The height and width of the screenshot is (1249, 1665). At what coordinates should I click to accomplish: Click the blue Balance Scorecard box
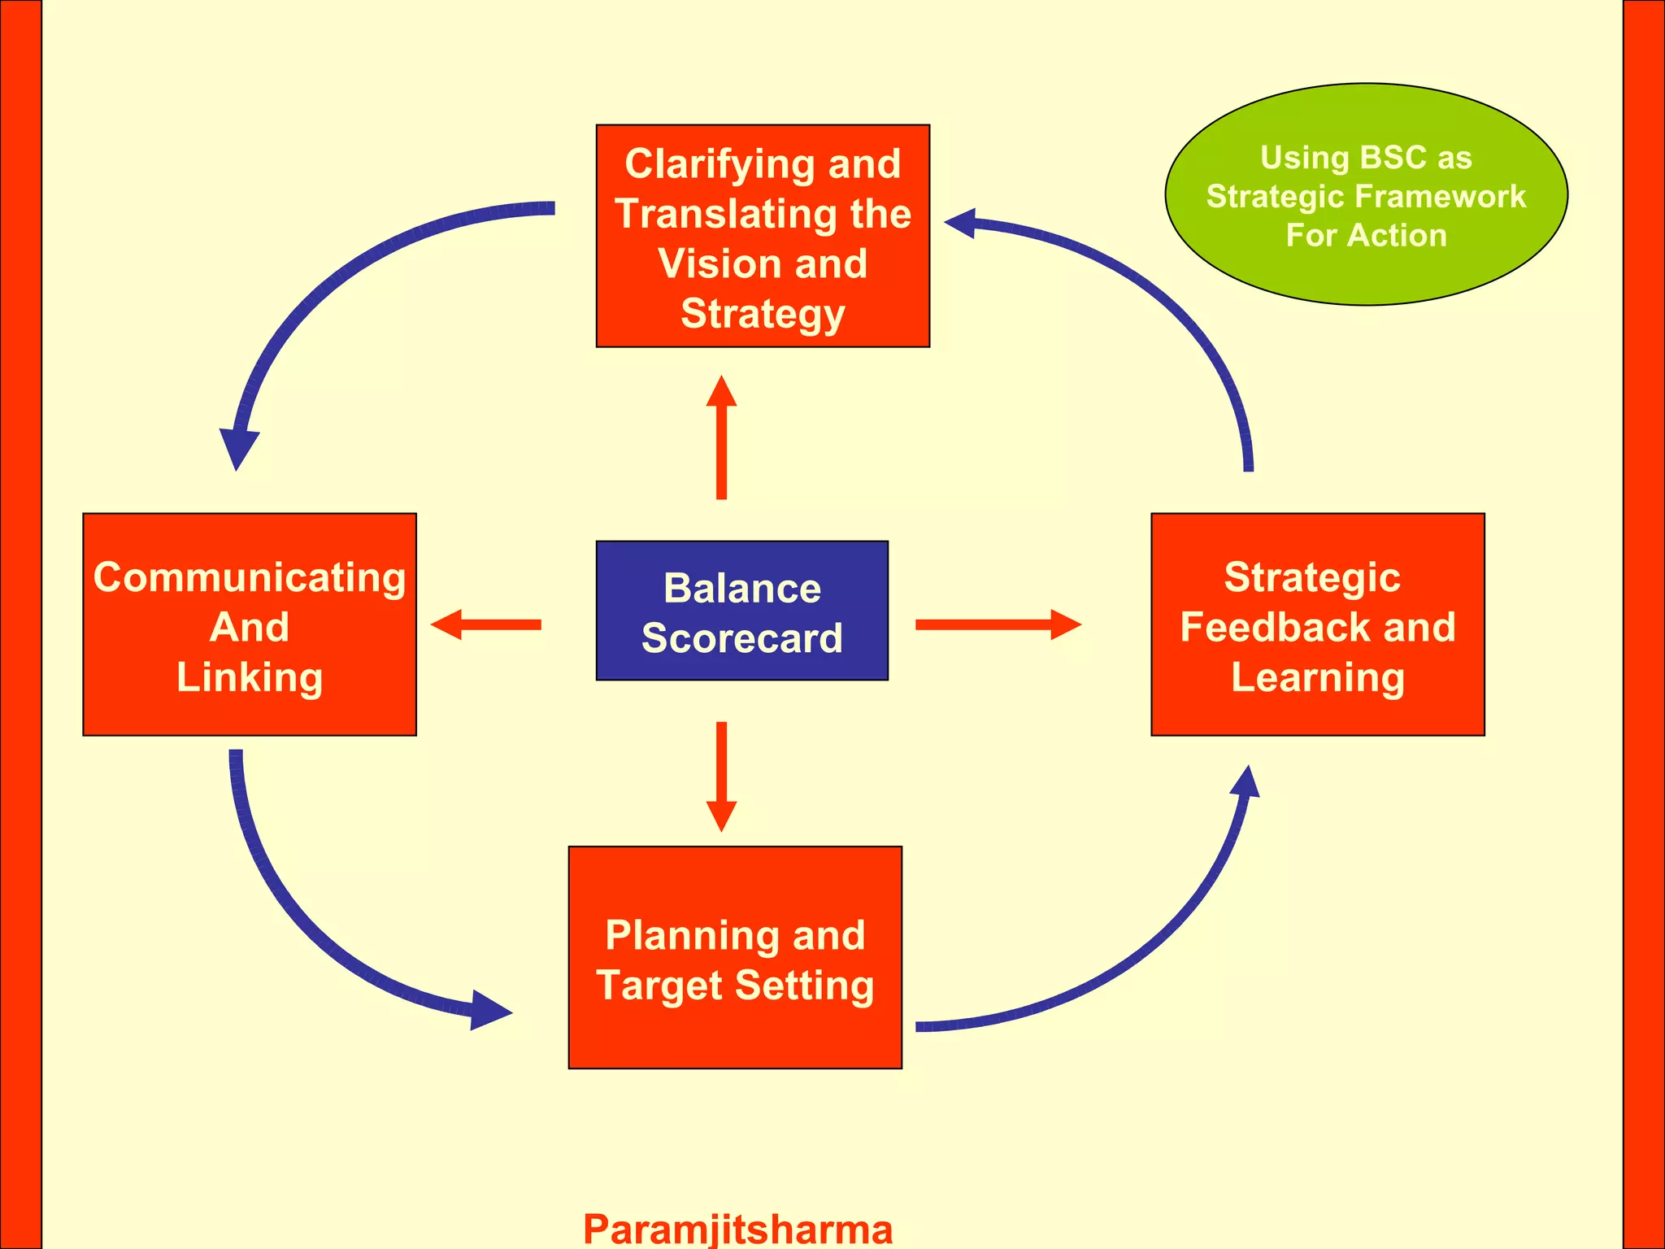pos(741,611)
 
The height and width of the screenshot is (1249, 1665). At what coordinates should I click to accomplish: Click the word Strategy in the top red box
pos(762,314)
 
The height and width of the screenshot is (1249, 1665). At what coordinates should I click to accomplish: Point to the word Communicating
pos(250,577)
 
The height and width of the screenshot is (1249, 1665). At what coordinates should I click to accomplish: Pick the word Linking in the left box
pos(250,677)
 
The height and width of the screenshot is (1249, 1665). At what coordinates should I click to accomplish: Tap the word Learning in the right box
pos(1317,677)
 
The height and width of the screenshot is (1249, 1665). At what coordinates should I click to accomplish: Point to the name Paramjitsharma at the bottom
pos(737,1228)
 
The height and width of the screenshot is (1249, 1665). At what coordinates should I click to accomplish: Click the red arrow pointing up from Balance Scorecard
pos(721,439)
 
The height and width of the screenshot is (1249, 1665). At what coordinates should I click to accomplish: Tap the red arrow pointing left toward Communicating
pos(488,624)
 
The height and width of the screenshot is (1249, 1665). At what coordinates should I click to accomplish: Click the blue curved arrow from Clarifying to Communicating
pos(341,276)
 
